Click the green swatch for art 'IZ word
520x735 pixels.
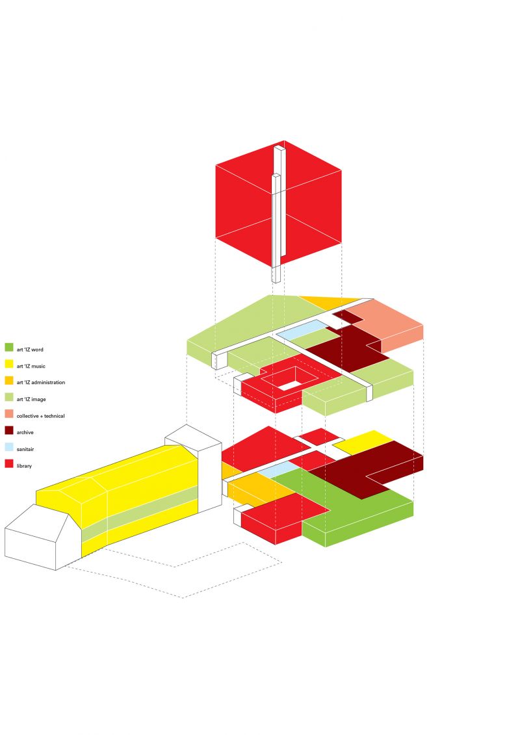tap(9, 348)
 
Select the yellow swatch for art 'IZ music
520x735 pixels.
tap(9, 365)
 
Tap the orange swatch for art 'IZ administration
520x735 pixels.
tap(9, 381)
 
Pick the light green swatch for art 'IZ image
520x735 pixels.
tap(9, 398)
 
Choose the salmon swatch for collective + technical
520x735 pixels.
tap(9, 415)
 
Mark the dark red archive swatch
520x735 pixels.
tap(9, 431)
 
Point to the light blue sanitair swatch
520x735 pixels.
tap(9, 448)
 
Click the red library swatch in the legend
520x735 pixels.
tap(9, 465)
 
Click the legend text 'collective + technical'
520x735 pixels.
tap(40, 415)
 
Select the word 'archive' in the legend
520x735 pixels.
tap(25, 432)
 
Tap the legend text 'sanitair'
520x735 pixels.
tap(26, 448)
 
